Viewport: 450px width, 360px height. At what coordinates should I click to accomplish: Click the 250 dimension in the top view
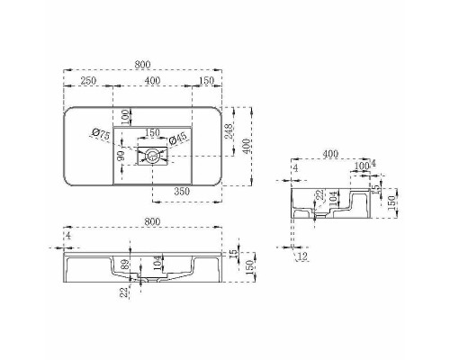coord(88,81)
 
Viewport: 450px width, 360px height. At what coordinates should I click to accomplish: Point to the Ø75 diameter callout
coord(100,136)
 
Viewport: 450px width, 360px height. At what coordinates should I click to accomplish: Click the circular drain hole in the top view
coord(154,157)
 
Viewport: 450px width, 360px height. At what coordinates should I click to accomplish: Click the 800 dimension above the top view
coord(142,64)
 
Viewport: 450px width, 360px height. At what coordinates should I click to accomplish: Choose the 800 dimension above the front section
coord(142,220)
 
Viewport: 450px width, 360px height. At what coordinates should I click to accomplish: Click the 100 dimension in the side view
coord(361,166)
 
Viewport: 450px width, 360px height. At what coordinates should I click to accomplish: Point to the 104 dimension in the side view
coord(333,200)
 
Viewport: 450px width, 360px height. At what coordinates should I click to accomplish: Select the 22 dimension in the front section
coord(124,290)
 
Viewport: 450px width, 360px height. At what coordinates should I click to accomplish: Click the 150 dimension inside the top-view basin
coord(153,132)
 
